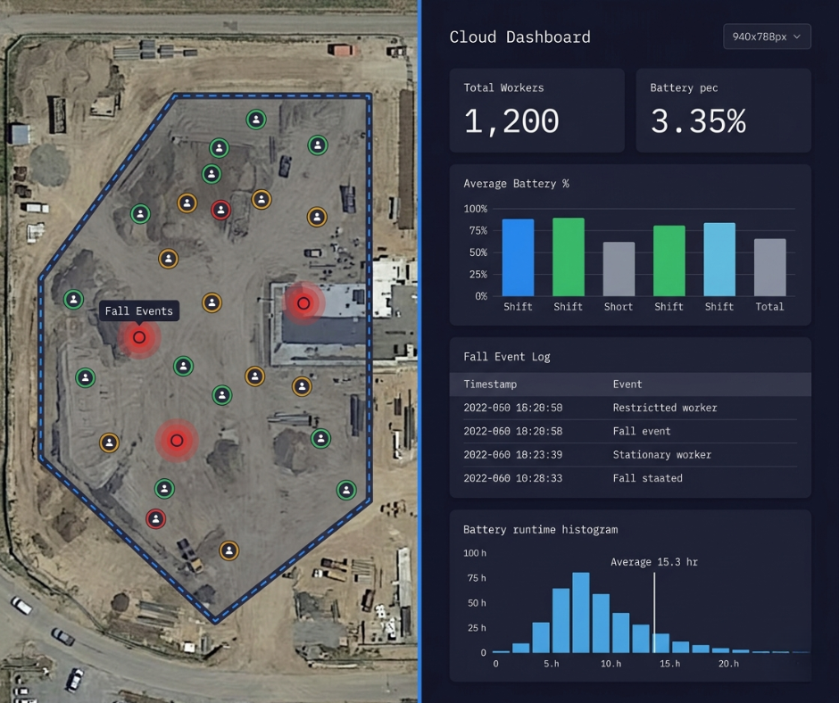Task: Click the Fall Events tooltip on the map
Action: [x=138, y=310]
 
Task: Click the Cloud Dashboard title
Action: [x=519, y=37]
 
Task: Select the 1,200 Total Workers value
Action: [x=511, y=121]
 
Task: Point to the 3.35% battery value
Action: [x=697, y=121]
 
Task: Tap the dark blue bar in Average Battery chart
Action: [x=518, y=257]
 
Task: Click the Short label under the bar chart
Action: [x=618, y=307]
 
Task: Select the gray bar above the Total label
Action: [x=769, y=267]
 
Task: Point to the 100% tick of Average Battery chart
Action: [x=475, y=209]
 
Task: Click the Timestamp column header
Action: [x=490, y=385]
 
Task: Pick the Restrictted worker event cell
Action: [x=664, y=408]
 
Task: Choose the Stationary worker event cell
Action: [x=661, y=455]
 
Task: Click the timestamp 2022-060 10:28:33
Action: [x=512, y=478]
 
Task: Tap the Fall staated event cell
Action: [x=647, y=478]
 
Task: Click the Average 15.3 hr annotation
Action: [x=655, y=562]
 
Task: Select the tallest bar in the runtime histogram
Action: [x=580, y=612]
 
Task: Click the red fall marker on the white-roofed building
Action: [x=303, y=303]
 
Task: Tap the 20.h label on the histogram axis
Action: [x=728, y=664]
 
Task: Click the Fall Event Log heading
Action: [x=506, y=357]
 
